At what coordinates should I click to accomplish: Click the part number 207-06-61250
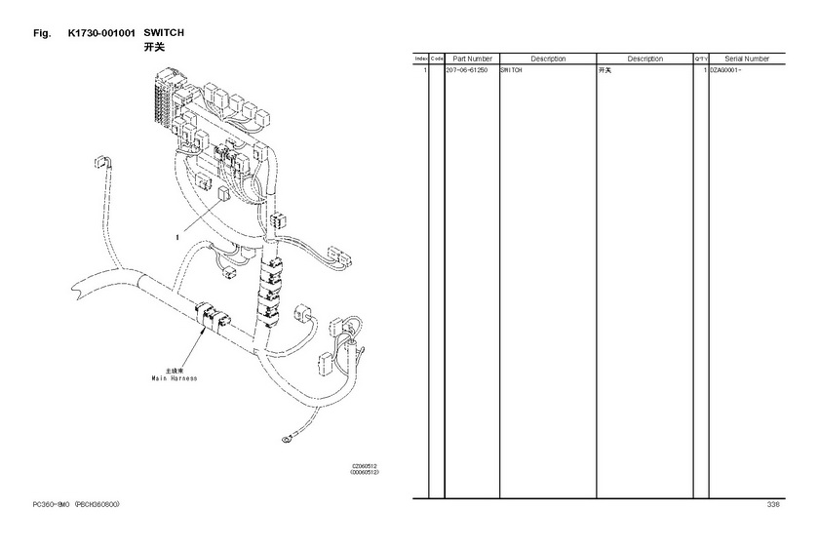[x=467, y=71]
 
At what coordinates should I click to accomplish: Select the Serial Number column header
[x=747, y=59]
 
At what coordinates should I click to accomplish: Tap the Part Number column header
[x=472, y=59]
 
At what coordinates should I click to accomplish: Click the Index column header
[x=421, y=59]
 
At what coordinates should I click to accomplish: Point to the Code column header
[x=437, y=59]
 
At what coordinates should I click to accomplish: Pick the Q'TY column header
[x=700, y=59]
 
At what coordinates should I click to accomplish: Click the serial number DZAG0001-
[x=725, y=71]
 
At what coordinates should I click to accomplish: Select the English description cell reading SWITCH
[x=511, y=71]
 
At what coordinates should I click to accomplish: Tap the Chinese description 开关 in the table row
[x=604, y=71]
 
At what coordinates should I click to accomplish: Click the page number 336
[x=773, y=504]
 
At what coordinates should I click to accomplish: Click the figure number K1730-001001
[x=101, y=33]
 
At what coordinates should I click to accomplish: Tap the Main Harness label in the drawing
[x=174, y=378]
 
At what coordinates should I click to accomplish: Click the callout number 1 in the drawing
[x=177, y=236]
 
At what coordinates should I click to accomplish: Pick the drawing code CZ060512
[x=365, y=466]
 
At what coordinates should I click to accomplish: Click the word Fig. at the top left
[x=41, y=33]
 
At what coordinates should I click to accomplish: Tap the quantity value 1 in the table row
[x=705, y=71]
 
